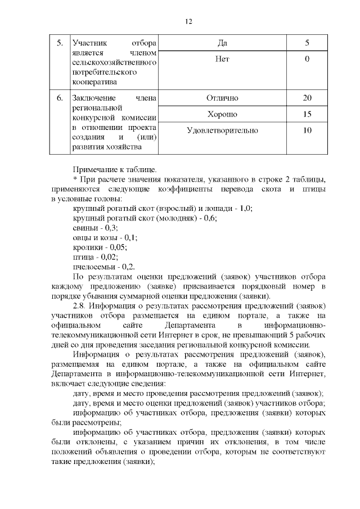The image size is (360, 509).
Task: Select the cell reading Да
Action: coord(222,43)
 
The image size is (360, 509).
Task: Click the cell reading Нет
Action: coord(222,59)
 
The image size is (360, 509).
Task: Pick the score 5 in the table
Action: coord(307,43)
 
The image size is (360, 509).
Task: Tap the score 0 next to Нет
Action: coord(307,59)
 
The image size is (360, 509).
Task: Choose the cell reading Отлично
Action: coord(222,98)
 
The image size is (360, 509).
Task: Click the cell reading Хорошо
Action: coord(222,114)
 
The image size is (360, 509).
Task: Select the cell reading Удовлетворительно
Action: coord(222,130)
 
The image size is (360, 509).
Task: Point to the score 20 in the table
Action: coord(307,98)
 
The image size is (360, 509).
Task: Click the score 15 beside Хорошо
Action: coord(307,114)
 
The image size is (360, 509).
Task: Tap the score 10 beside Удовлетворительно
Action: coord(307,130)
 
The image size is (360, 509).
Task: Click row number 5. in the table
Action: coord(60,43)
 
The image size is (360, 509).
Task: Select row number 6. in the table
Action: coord(60,98)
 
